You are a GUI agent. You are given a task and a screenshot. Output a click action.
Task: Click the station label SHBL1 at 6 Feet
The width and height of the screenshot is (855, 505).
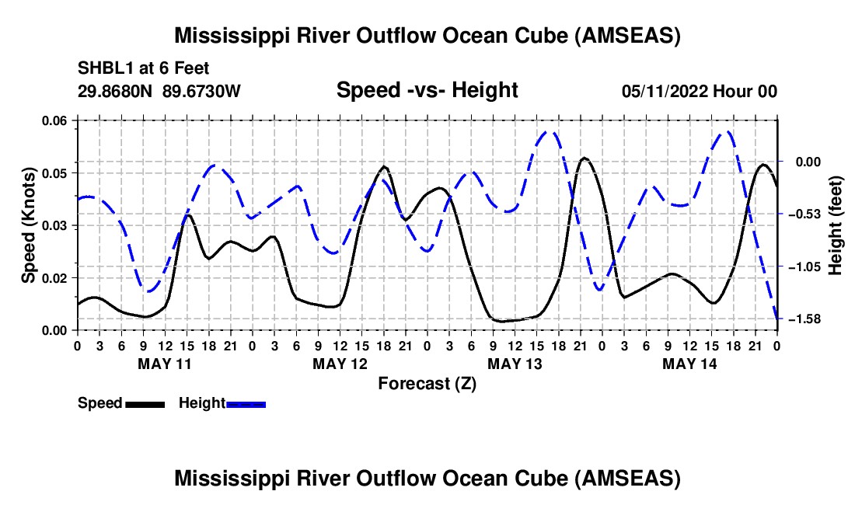tap(144, 68)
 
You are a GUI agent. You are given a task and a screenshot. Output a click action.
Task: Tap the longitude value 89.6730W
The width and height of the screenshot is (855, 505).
tap(202, 92)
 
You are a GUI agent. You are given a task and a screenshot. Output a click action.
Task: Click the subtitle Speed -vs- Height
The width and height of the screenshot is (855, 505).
tap(427, 90)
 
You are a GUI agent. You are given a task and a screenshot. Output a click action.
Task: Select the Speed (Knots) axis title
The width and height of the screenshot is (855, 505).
tap(28, 225)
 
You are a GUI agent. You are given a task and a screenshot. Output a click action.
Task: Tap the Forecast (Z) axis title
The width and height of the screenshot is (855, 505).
tap(427, 383)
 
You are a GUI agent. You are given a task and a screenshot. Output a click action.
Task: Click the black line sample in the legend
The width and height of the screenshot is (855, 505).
tap(145, 403)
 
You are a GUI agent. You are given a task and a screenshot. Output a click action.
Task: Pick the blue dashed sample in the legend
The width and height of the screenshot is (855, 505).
tap(246, 403)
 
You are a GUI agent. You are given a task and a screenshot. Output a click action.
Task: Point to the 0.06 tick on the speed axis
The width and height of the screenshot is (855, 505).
tap(55, 120)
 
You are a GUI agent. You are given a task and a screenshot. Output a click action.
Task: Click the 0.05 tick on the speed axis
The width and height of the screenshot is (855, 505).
tap(55, 172)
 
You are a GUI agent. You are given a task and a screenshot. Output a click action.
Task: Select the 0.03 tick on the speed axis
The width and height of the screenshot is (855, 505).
tap(55, 225)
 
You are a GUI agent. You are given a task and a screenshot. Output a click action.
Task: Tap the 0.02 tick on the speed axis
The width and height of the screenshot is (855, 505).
tap(55, 278)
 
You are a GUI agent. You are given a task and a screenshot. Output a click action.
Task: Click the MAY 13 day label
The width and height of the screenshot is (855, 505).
tap(514, 364)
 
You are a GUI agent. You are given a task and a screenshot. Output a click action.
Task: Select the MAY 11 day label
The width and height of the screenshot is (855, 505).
tap(164, 364)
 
